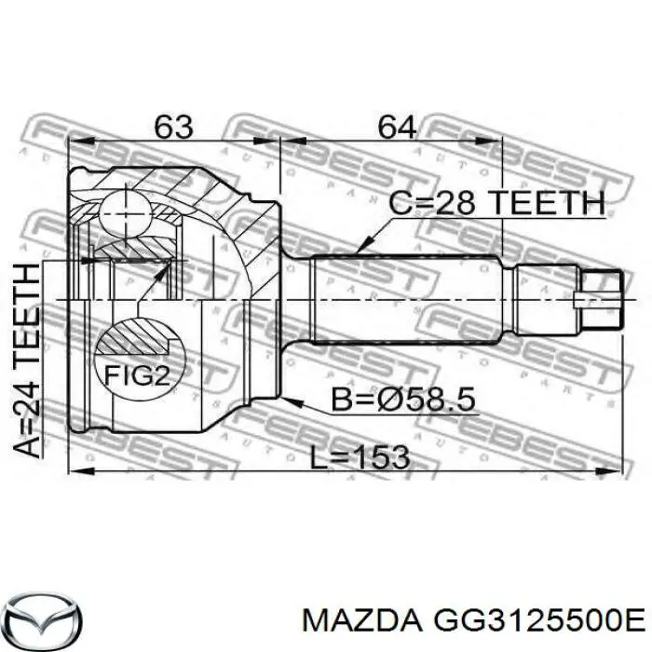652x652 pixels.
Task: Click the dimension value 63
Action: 173,127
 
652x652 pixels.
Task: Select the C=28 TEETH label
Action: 496,202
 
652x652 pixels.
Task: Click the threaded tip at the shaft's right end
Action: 600,300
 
